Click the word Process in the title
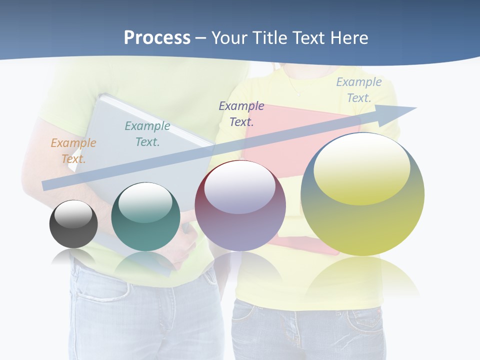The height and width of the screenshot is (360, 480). tap(157, 38)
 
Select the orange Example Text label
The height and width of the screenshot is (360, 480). tap(73, 151)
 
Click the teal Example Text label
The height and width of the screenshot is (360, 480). tap(147, 134)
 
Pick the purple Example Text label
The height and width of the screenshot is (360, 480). tap(241, 113)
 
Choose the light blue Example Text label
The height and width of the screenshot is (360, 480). tap(359, 90)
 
